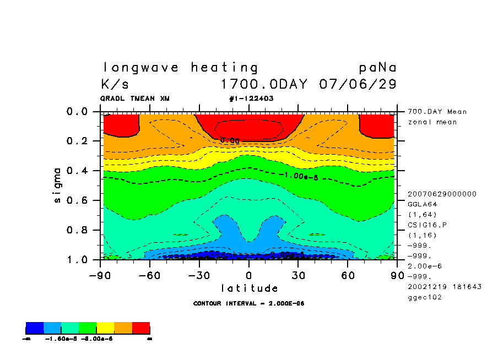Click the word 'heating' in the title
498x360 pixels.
pos(224,68)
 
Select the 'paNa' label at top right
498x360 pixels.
pos(377,68)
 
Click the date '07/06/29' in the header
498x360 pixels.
pos(358,85)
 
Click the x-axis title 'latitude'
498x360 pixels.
pos(249,288)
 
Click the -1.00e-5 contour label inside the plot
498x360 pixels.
pos(300,176)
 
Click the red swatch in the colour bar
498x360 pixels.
pos(141,328)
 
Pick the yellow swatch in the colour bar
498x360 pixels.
pos(105,328)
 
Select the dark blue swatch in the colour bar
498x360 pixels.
pos(34,328)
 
